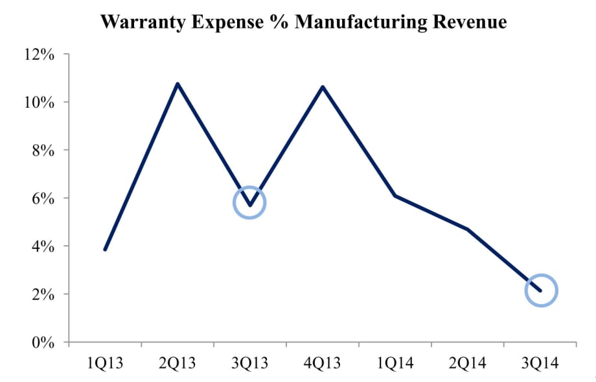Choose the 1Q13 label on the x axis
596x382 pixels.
(105, 362)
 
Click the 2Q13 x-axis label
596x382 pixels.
(178, 362)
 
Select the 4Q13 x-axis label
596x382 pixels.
(323, 362)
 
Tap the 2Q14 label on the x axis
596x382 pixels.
(468, 362)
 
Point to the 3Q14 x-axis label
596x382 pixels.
(540, 362)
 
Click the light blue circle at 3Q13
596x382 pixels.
(250, 203)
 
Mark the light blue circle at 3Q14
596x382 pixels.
(540, 291)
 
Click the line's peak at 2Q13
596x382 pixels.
(178, 84)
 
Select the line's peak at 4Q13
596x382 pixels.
(323, 87)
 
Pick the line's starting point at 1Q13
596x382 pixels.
(105, 249)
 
